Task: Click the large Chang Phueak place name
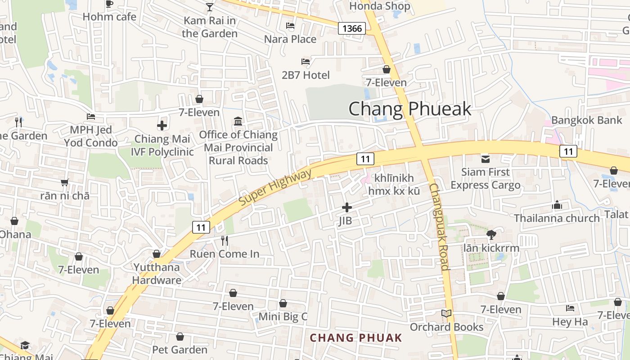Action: pyautogui.click(x=410, y=109)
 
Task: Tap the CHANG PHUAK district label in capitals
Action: pyautogui.click(x=355, y=337)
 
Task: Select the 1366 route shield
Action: pyautogui.click(x=351, y=29)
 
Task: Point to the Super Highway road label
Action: pyautogui.click(x=275, y=187)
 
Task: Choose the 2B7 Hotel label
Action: pyautogui.click(x=306, y=75)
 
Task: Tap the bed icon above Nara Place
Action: pyautogui.click(x=290, y=26)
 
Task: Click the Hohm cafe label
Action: pyautogui.click(x=109, y=17)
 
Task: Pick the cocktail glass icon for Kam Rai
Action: pyautogui.click(x=210, y=7)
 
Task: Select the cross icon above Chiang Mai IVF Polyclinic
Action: pyautogui.click(x=162, y=126)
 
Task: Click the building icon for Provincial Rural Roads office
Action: pyautogui.click(x=238, y=121)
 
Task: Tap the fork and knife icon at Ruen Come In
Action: pyautogui.click(x=225, y=241)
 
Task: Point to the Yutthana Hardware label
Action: pyautogui.click(x=157, y=274)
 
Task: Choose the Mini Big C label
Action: pyautogui.click(x=283, y=316)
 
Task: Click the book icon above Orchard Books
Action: pyautogui.click(x=446, y=314)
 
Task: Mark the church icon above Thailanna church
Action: pyautogui.click(x=557, y=205)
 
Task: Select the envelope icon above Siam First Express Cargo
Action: pyautogui.click(x=486, y=158)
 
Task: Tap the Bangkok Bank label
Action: pyautogui.click(x=580, y=120)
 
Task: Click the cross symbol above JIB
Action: pyautogui.click(x=346, y=207)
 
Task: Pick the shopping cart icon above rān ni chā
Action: pyautogui.click(x=65, y=182)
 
